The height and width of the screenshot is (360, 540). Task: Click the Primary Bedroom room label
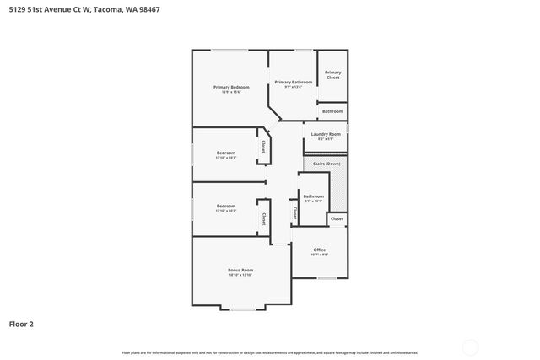(x=231, y=87)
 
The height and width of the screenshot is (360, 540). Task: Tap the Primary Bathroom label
(x=293, y=82)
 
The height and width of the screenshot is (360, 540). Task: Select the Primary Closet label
(x=333, y=74)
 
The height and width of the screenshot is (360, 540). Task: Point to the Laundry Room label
(x=326, y=134)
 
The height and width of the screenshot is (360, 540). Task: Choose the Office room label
(x=320, y=250)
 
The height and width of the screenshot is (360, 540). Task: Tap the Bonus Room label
(x=240, y=270)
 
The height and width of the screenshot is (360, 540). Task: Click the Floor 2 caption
(x=21, y=323)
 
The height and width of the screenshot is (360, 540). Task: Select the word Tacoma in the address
(x=123, y=9)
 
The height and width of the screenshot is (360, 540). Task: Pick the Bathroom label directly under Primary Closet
(x=332, y=111)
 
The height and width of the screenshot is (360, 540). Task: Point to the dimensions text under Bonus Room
(x=240, y=275)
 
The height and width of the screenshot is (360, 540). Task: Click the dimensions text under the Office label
(x=320, y=255)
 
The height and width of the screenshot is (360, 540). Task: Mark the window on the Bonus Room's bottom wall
(x=243, y=309)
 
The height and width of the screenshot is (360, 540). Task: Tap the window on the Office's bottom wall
(x=327, y=277)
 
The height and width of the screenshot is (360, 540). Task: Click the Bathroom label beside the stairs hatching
(x=313, y=196)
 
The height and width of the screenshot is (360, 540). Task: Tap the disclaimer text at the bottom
(x=270, y=352)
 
